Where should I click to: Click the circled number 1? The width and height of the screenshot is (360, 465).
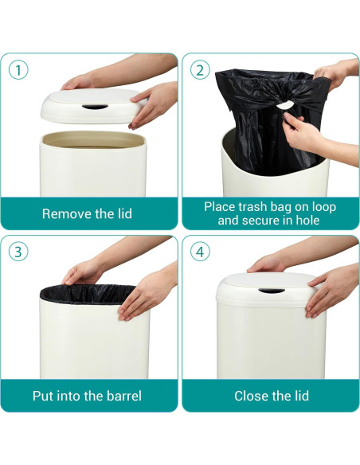(x=18, y=71)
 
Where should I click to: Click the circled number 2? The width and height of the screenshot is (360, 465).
(x=200, y=71)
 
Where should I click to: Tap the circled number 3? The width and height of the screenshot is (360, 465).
(x=18, y=252)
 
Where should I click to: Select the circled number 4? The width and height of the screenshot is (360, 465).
(x=200, y=252)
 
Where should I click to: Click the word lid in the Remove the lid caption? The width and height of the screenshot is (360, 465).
(x=123, y=213)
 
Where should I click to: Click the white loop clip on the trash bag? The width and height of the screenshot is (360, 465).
(x=284, y=105)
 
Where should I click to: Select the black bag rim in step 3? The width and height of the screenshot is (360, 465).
(x=88, y=294)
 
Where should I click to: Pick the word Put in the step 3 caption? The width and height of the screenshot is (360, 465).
(x=43, y=396)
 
